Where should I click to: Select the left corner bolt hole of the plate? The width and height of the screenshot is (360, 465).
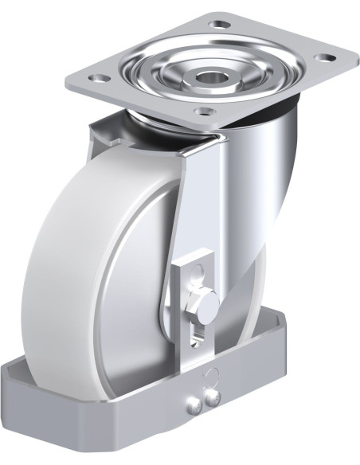point(98,79)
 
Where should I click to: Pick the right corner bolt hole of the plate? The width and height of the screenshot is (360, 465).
point(323,57)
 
